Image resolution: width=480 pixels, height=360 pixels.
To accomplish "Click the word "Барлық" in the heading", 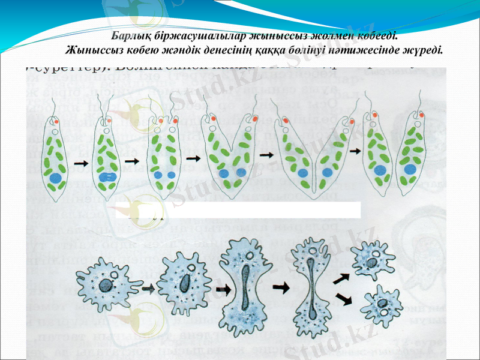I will pyautogui.click(x=131, y=37).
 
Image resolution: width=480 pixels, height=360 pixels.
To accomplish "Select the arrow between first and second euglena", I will pyautogui.click(x=80, y=162).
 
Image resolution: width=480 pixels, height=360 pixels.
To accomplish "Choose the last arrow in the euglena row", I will pyautogui.click(x=355, y=151).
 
